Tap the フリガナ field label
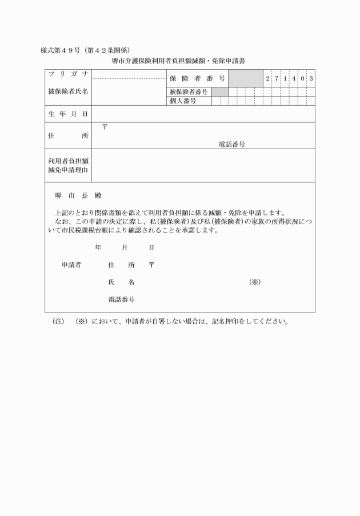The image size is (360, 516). point(68,75)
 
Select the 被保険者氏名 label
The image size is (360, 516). point(68,91)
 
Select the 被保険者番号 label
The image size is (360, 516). point(189,91)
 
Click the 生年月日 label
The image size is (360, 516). point(68,114)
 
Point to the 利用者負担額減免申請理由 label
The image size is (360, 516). point(68,166)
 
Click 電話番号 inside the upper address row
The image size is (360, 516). point(231,145)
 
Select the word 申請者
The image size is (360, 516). point(71,265)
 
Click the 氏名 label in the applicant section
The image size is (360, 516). point(121,282)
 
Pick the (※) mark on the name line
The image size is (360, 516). point(255,282)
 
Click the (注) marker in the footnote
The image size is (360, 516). point(58,321)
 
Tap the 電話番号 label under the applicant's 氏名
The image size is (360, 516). point(121,299)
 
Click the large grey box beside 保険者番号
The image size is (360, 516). point(246,78)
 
